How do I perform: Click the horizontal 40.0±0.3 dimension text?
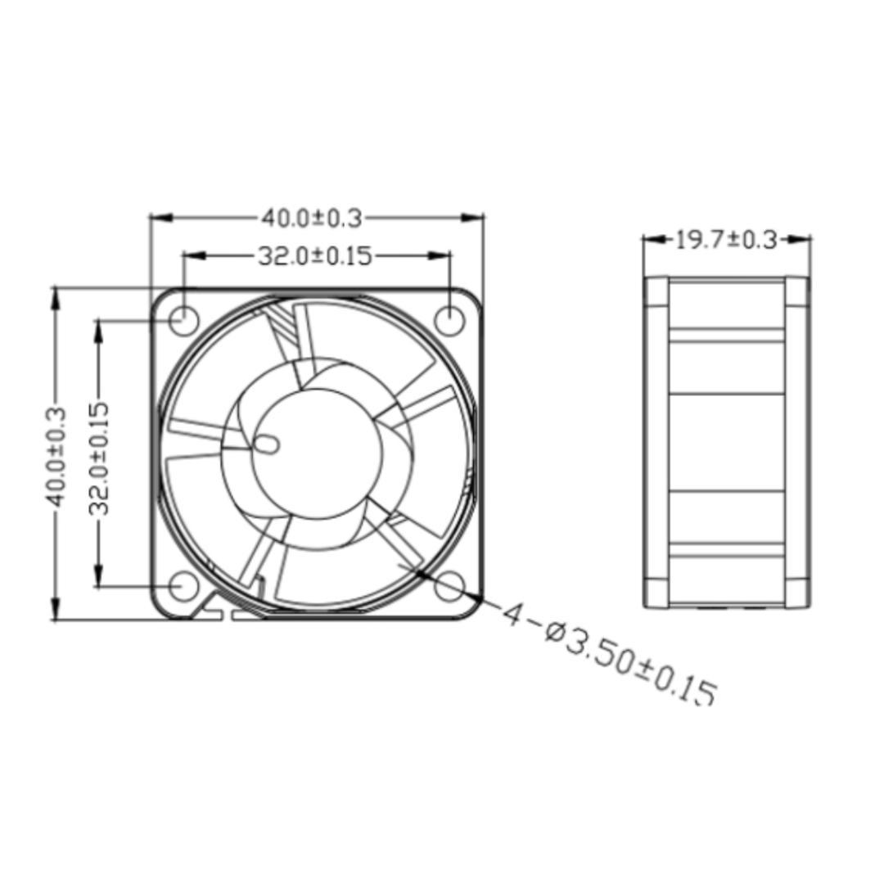[x=311, y=219]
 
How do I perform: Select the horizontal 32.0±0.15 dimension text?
[x=315, y=256]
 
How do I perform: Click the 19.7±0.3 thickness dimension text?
[x=726, y=240]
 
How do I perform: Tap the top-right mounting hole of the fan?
[x=449, y=318]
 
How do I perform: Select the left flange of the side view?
[x=656, y=442]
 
